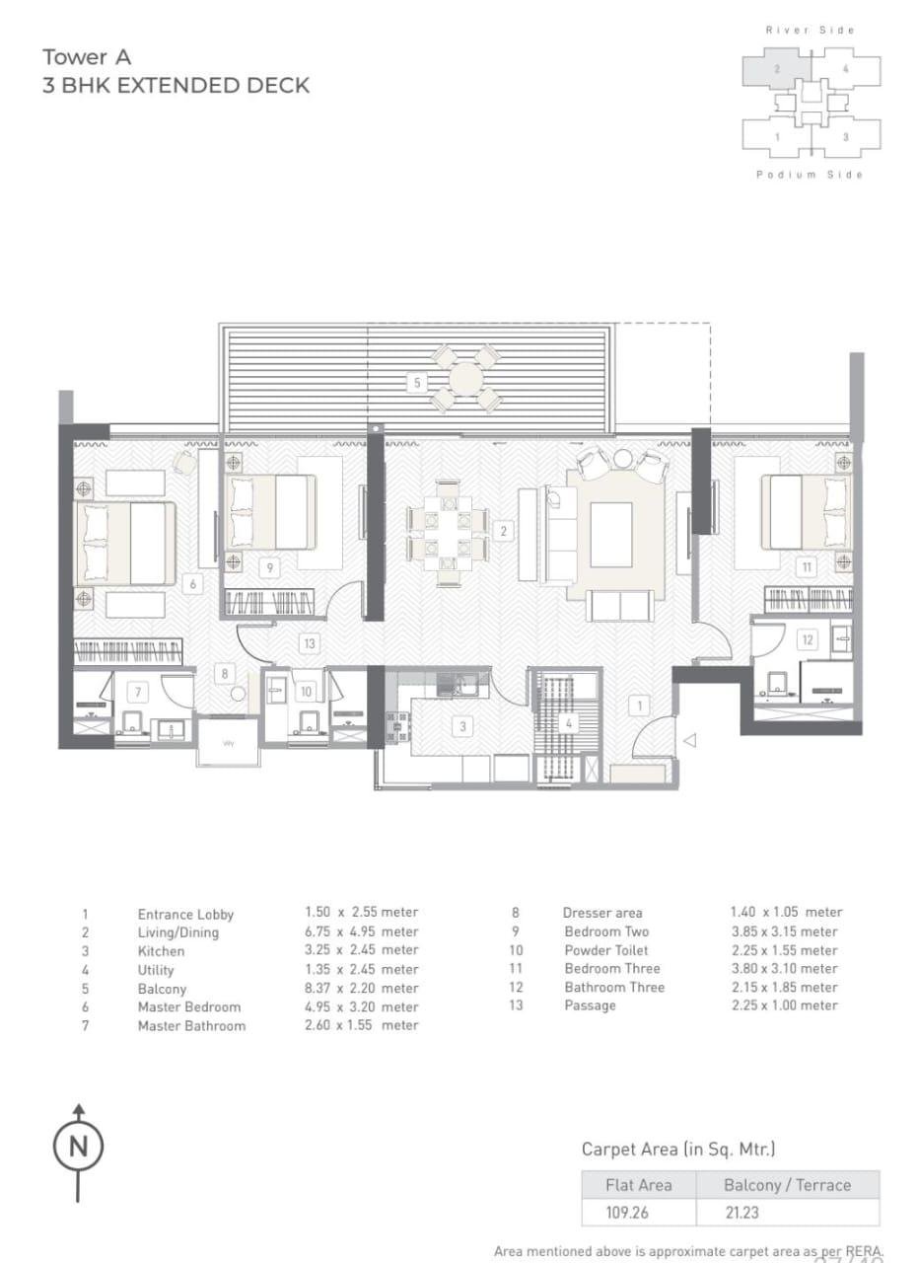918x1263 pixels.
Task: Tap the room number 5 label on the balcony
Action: click(417, 382)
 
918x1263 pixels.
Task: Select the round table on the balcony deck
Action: click(464, 377)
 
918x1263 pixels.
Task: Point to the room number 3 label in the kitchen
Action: click(462, 726)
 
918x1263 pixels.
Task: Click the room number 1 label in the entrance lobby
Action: click(639, 705)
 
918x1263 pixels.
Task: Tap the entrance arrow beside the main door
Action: click(690, 740)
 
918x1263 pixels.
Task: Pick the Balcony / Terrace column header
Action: click(786, 1185)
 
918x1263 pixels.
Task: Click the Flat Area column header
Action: click(638, 1185)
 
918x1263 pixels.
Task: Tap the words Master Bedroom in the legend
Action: click(188, 1006)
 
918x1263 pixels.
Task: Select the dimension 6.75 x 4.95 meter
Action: click(361, 931)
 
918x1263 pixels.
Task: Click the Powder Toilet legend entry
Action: click(605, 950)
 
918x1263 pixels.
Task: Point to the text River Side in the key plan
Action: click(810, 31)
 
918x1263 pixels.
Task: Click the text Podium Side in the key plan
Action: click(810, 175)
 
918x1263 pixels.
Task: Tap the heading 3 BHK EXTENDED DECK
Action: click(176, 86)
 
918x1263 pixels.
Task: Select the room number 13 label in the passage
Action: click(309, 643)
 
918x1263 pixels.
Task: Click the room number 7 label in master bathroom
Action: click(139, 691)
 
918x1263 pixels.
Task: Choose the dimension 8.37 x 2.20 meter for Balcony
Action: click(361, 988)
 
